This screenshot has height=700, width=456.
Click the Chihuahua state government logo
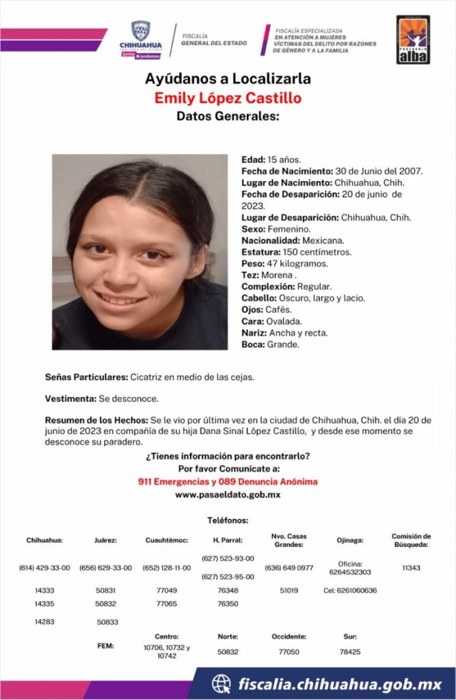(x=140, y=40)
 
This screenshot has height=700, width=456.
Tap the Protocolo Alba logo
(x=413, y=40)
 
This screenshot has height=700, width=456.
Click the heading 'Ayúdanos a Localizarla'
(x=228, y=79)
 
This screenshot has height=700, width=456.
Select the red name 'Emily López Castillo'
(x=228, y=98)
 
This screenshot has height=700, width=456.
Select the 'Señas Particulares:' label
(x=85, y=377)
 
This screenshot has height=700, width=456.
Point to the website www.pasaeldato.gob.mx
(x=228, y=494)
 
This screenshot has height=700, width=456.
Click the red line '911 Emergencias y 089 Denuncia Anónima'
(x=228, y=482)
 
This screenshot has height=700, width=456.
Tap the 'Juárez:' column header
(x=105, y=540)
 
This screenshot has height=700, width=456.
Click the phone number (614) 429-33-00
(x=44, y=568)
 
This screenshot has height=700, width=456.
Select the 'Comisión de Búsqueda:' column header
(x=411, y=540)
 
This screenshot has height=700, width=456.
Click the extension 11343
(x=411, y=568)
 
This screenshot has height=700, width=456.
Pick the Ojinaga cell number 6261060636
(x=349, y=590)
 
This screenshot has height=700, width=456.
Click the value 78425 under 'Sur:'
(x=349, y=651)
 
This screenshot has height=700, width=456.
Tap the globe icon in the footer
(x=221, y=684)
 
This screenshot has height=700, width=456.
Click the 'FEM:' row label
(x=105, y=645)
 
